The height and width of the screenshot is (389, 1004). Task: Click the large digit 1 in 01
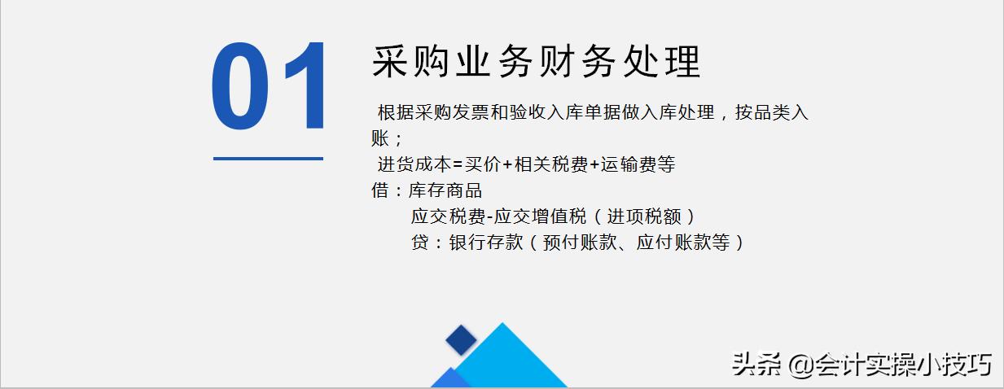pyautogui.click(x=302, y=89)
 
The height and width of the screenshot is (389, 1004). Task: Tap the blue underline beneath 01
pyautogui.click(x=268, y=159)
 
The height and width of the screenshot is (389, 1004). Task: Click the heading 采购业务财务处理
pyautogui.click(x=537, y=63)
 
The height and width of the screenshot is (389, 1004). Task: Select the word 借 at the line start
pyautogui.click(x=379, y=191)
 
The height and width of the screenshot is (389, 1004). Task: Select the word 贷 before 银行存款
pyautogui.click(x=419, y=243)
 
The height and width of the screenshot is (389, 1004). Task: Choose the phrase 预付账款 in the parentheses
pyautogui.click(x=582, y=243)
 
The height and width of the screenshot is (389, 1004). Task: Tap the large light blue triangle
pyautogui.click(x=508, y=362)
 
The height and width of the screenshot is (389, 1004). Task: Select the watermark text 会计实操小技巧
pyautogui.click(x=904, y=364)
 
